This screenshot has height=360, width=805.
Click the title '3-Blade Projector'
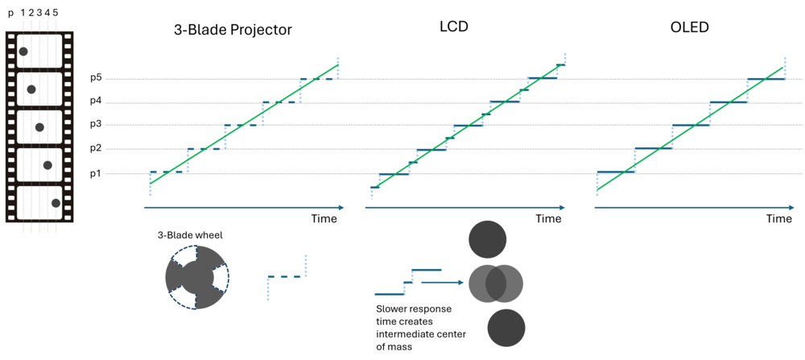233,30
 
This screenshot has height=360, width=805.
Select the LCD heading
455,27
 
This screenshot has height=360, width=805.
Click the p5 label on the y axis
96,78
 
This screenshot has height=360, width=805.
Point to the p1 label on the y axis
96,173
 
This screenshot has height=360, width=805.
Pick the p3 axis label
96,125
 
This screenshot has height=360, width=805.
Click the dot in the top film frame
23,52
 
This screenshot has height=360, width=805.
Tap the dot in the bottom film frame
56,203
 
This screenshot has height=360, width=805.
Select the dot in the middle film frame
39,127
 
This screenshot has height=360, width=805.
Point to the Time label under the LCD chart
548,219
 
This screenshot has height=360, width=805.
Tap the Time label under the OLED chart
778,219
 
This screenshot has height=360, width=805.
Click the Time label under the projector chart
324,219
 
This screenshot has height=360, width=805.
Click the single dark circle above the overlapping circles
487,238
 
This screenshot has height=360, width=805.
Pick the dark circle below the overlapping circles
506,328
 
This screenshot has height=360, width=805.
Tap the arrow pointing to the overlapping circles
443,282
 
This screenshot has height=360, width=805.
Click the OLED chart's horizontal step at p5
766,79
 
